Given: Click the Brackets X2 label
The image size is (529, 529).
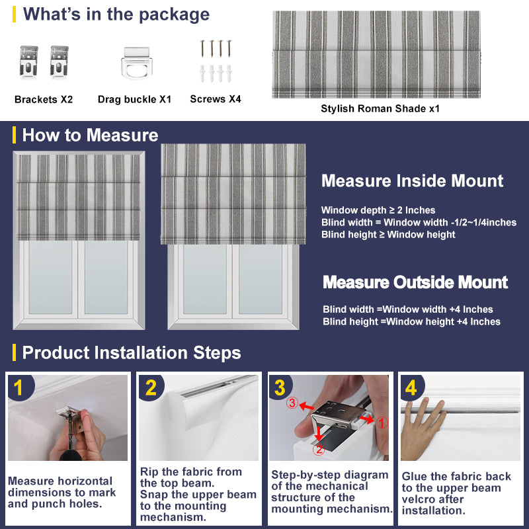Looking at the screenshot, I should pos(44,100).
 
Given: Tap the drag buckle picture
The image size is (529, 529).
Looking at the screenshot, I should pos(137,65).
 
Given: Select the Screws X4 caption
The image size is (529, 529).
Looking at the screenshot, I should pos(216,99).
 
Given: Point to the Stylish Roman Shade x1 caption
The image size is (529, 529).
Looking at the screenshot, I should pos(380,109).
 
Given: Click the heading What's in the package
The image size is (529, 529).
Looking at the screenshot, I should pos(116,15).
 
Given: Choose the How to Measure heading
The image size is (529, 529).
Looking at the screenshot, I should pos(90,136).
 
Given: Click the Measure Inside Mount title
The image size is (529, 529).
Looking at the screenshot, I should pos(412,181).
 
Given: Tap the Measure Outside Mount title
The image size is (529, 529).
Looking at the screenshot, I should pos(415,282).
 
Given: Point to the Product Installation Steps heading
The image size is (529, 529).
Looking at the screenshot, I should pos(131,352).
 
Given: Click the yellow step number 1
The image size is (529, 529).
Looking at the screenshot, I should pos(19,387).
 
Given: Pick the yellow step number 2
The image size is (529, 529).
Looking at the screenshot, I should pos(151,387).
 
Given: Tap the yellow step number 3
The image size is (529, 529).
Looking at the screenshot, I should pos(280,387).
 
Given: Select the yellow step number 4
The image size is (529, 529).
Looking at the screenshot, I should pos(411,387).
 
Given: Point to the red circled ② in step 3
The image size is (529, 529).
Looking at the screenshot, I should pos(318,450).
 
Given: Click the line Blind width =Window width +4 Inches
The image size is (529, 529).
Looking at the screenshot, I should pos(408,309).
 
